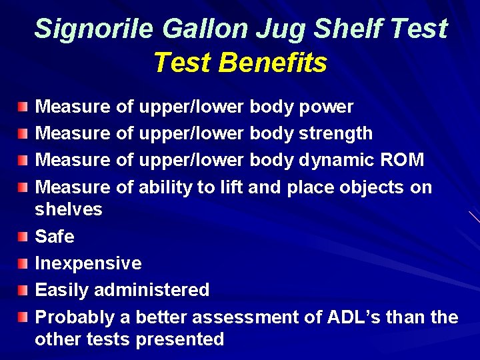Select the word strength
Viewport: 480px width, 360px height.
click(335, 133)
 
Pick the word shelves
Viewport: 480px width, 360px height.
click(68, 209)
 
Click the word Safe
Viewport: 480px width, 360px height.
click(54, 236)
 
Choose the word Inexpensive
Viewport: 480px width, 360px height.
click(88, 263)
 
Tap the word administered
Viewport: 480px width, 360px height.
click(151, 290)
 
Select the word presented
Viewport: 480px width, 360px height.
click(179, 339)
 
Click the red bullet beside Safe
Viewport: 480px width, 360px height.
click(23, 237)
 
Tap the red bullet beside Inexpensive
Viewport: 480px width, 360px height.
click(23, 264)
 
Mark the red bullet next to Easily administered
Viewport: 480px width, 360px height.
click(23, 291)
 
